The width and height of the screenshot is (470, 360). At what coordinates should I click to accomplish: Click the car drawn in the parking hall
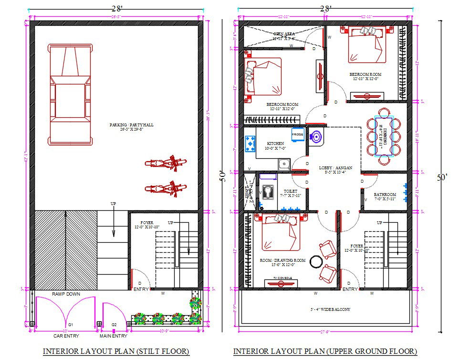click(69, 94)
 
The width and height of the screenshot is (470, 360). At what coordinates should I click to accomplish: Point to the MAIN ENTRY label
click(113, 336)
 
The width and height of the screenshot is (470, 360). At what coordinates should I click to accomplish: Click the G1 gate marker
click(70, 324)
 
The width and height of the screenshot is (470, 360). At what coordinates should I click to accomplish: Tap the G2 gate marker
click(114, 324)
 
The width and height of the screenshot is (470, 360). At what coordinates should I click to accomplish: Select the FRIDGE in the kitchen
click(298, 134)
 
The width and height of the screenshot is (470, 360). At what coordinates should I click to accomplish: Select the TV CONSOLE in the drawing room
click(282, 282)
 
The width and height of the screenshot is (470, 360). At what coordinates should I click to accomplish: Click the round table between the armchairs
click(315, 261)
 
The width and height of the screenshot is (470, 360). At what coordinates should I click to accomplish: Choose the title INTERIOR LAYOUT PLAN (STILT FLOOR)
click(116, 351)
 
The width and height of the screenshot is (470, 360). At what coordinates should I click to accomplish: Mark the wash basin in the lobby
click(316, 137)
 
